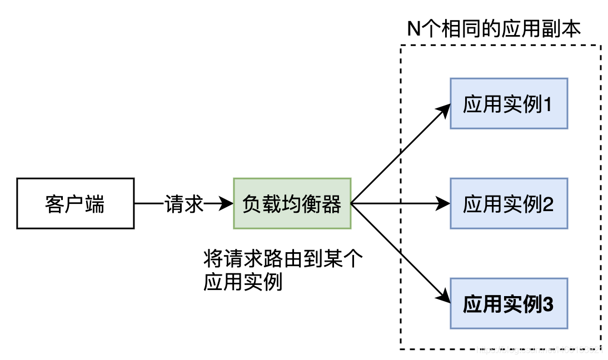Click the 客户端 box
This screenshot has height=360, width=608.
click(x=75, y=203)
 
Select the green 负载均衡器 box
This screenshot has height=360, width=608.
click(x=292, y=203)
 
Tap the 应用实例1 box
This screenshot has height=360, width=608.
click(x=509, y=103)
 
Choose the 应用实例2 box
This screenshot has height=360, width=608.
click(x=509, y=203)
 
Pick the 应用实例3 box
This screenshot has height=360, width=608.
click(x=509, y=303)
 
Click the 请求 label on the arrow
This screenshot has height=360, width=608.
click(x=184, y=204)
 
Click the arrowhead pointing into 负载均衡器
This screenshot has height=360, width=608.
click(x=226, y=204)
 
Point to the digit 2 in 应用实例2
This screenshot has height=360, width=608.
click(x=547, y=204)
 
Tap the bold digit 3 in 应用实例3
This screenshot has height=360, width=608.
click(x=547, y=304)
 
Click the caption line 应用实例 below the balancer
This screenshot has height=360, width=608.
click(x=243, y=282)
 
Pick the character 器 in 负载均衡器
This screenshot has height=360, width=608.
click(x=331, y=204)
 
